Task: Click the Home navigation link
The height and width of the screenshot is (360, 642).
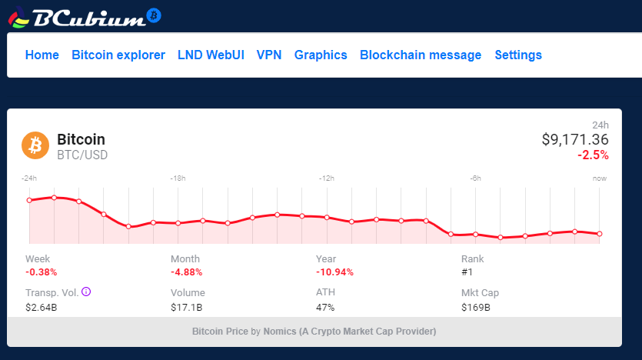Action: (42, 55)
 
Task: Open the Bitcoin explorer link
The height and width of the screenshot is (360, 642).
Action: (118, 55)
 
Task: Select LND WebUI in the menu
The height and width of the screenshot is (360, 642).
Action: (211, 55)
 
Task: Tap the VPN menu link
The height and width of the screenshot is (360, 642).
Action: (269, 55)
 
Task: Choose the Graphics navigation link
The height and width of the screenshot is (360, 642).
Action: (321, 55)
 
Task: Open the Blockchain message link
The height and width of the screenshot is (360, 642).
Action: (421, 55)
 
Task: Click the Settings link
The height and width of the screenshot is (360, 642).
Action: (518, 55)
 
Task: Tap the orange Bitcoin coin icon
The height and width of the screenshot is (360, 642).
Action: (35, 145)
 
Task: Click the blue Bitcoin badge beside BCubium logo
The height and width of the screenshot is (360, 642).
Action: (154, 15)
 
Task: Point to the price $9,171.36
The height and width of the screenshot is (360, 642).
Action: (575, 139)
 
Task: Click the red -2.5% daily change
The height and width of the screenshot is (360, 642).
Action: (593, 155)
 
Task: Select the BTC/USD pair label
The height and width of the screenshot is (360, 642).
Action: (82, 155)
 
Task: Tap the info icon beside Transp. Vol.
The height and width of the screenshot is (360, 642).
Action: (86, 292)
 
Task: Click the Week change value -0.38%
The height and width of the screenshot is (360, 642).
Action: (41, 272)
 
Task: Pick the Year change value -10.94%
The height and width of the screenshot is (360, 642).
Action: (334, 272)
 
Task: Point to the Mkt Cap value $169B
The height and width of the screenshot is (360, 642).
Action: (475, 308)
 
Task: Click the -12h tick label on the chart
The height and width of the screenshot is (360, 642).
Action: (327, 178)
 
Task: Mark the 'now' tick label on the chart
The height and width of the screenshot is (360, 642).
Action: (600, 178)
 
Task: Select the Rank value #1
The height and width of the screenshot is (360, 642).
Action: (467, 272)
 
